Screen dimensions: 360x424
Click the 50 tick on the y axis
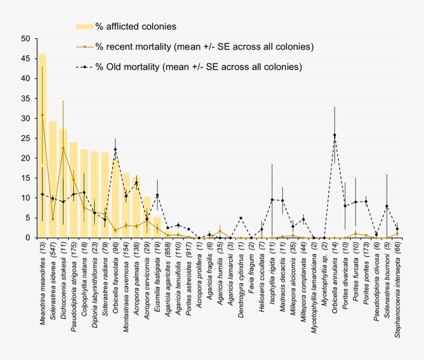26,39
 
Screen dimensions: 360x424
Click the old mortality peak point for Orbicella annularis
335,135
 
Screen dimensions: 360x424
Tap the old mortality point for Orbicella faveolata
115,150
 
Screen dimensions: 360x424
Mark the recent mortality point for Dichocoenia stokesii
63,148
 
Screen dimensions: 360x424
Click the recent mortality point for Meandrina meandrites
42,115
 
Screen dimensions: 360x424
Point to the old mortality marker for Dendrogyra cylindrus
240,218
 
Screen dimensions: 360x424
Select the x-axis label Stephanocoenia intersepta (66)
397,289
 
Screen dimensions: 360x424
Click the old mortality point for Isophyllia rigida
272,200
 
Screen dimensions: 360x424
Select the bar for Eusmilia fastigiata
157,227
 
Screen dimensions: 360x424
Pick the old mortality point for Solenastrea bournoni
387,206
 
